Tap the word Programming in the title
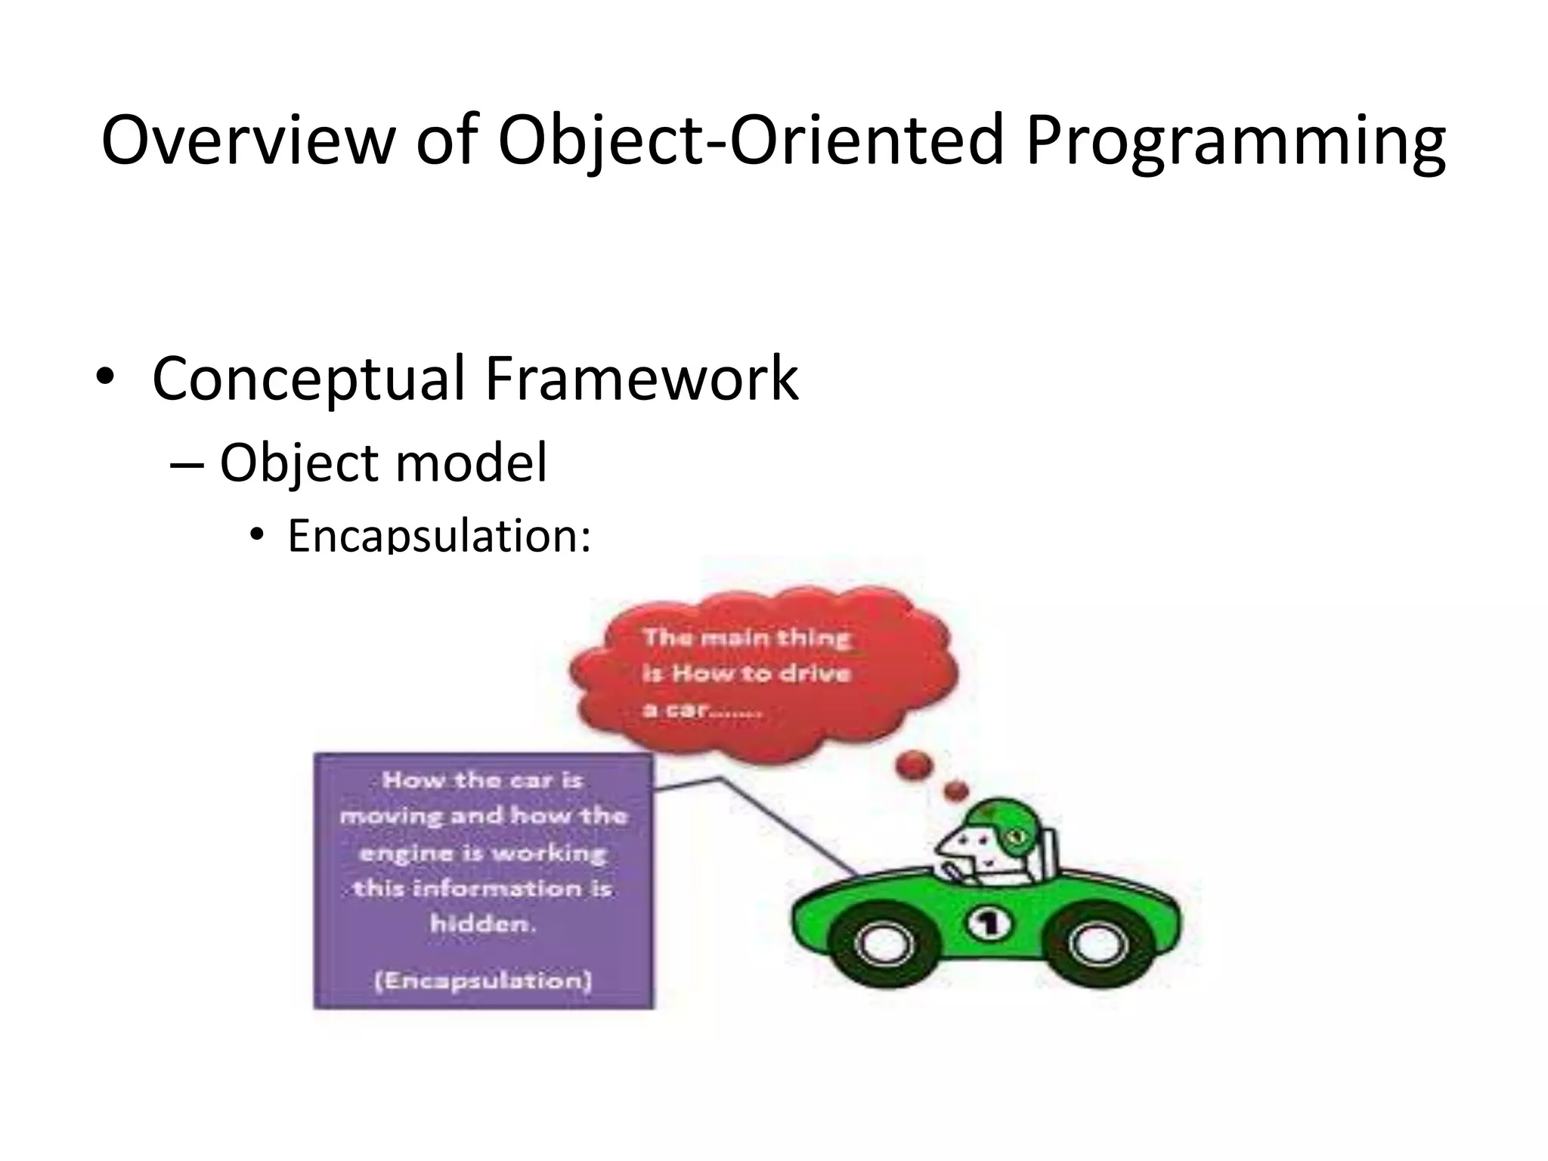click(x=1235, y=144)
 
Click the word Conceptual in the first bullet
click(x=308, y=379)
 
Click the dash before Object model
click(x=187, y=464)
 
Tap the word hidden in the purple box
click(x=481, y=923)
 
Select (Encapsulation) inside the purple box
click(x=483, y=980)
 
